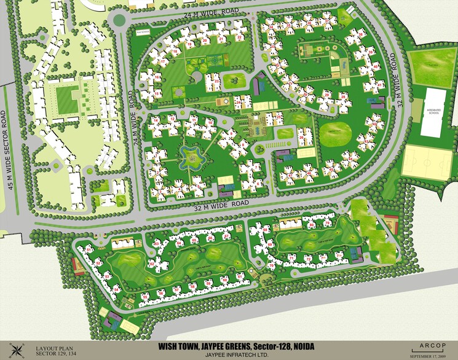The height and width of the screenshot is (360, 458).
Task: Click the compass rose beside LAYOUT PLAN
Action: coord(18,350)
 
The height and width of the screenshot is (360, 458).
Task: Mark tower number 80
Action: coord(312,225)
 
